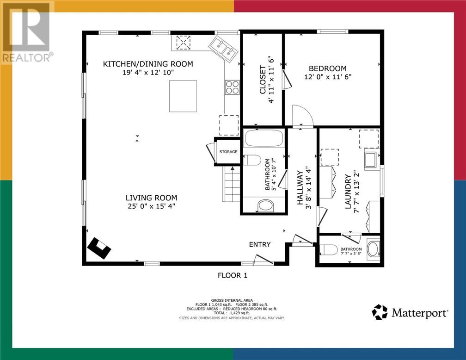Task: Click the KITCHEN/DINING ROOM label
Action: click(x=148, y=64)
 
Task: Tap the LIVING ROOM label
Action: click(x=151, y=198)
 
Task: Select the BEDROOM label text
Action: click(x=327, y=68)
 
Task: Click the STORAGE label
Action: click(x=228, y=152)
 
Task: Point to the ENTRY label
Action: click(x=260, y=244)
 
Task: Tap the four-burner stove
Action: click(x=232, y=87)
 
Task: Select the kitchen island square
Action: click(x=183, y=96)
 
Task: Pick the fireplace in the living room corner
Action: click(x=99, y=248)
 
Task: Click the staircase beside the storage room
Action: click(x=231, y=184)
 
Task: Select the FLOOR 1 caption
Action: click(x=233, y=275)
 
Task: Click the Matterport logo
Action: click(x=410, y=312)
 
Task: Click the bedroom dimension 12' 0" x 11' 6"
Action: click(x=327, y=77)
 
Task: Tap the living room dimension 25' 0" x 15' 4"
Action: click(x=151, y=206)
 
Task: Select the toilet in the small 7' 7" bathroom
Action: click(x=329, y=249)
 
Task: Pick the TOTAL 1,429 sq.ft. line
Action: click(x=232, y=313)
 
